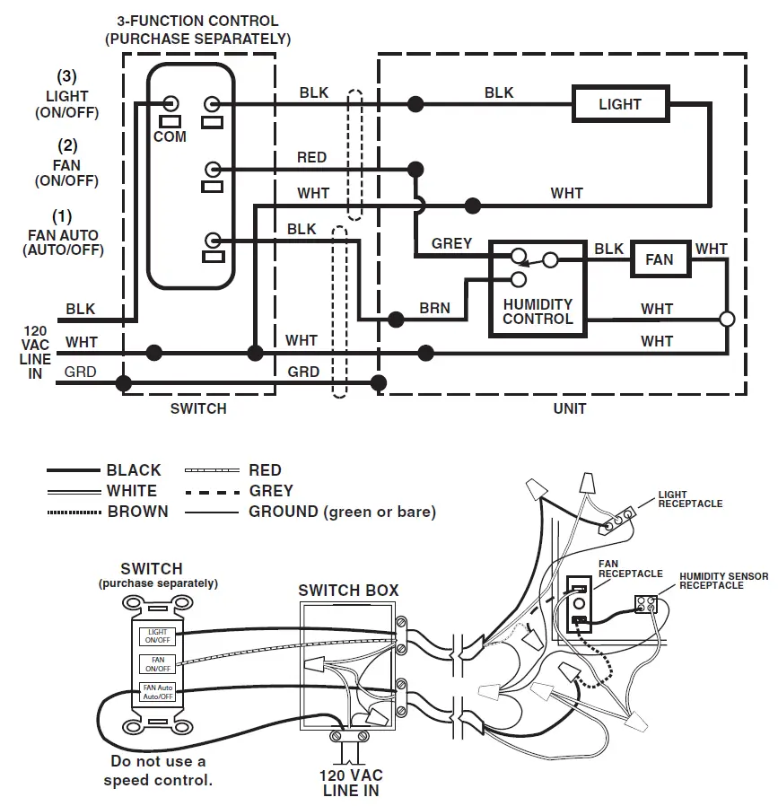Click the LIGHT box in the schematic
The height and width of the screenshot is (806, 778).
point(620,104)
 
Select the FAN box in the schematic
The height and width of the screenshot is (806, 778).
point(659,259)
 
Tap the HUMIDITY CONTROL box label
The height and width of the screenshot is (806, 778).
point(538,311)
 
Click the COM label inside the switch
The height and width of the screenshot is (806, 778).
point(170,136)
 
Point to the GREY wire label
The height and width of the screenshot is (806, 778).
point(451,243)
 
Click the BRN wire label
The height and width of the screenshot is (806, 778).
point(434,309)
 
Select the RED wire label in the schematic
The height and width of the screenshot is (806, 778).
point(311,157)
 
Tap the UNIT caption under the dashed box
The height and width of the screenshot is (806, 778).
point(570,408)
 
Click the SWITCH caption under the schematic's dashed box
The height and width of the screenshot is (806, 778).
point(198,408)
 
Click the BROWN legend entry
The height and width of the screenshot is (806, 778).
point(137,512)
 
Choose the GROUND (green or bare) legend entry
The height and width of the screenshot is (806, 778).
point(342,512)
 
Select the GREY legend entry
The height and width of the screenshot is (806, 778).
point(271,491)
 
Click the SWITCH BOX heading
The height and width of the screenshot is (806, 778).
point(348,591)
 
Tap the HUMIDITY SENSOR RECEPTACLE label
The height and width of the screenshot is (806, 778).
point(723,580)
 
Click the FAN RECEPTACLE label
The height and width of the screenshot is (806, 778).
point(630,568)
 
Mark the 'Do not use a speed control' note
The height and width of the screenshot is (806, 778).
point(158,770)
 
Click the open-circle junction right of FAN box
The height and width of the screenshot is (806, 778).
point(727,319)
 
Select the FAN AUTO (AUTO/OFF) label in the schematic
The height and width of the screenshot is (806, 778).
point(62,242)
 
